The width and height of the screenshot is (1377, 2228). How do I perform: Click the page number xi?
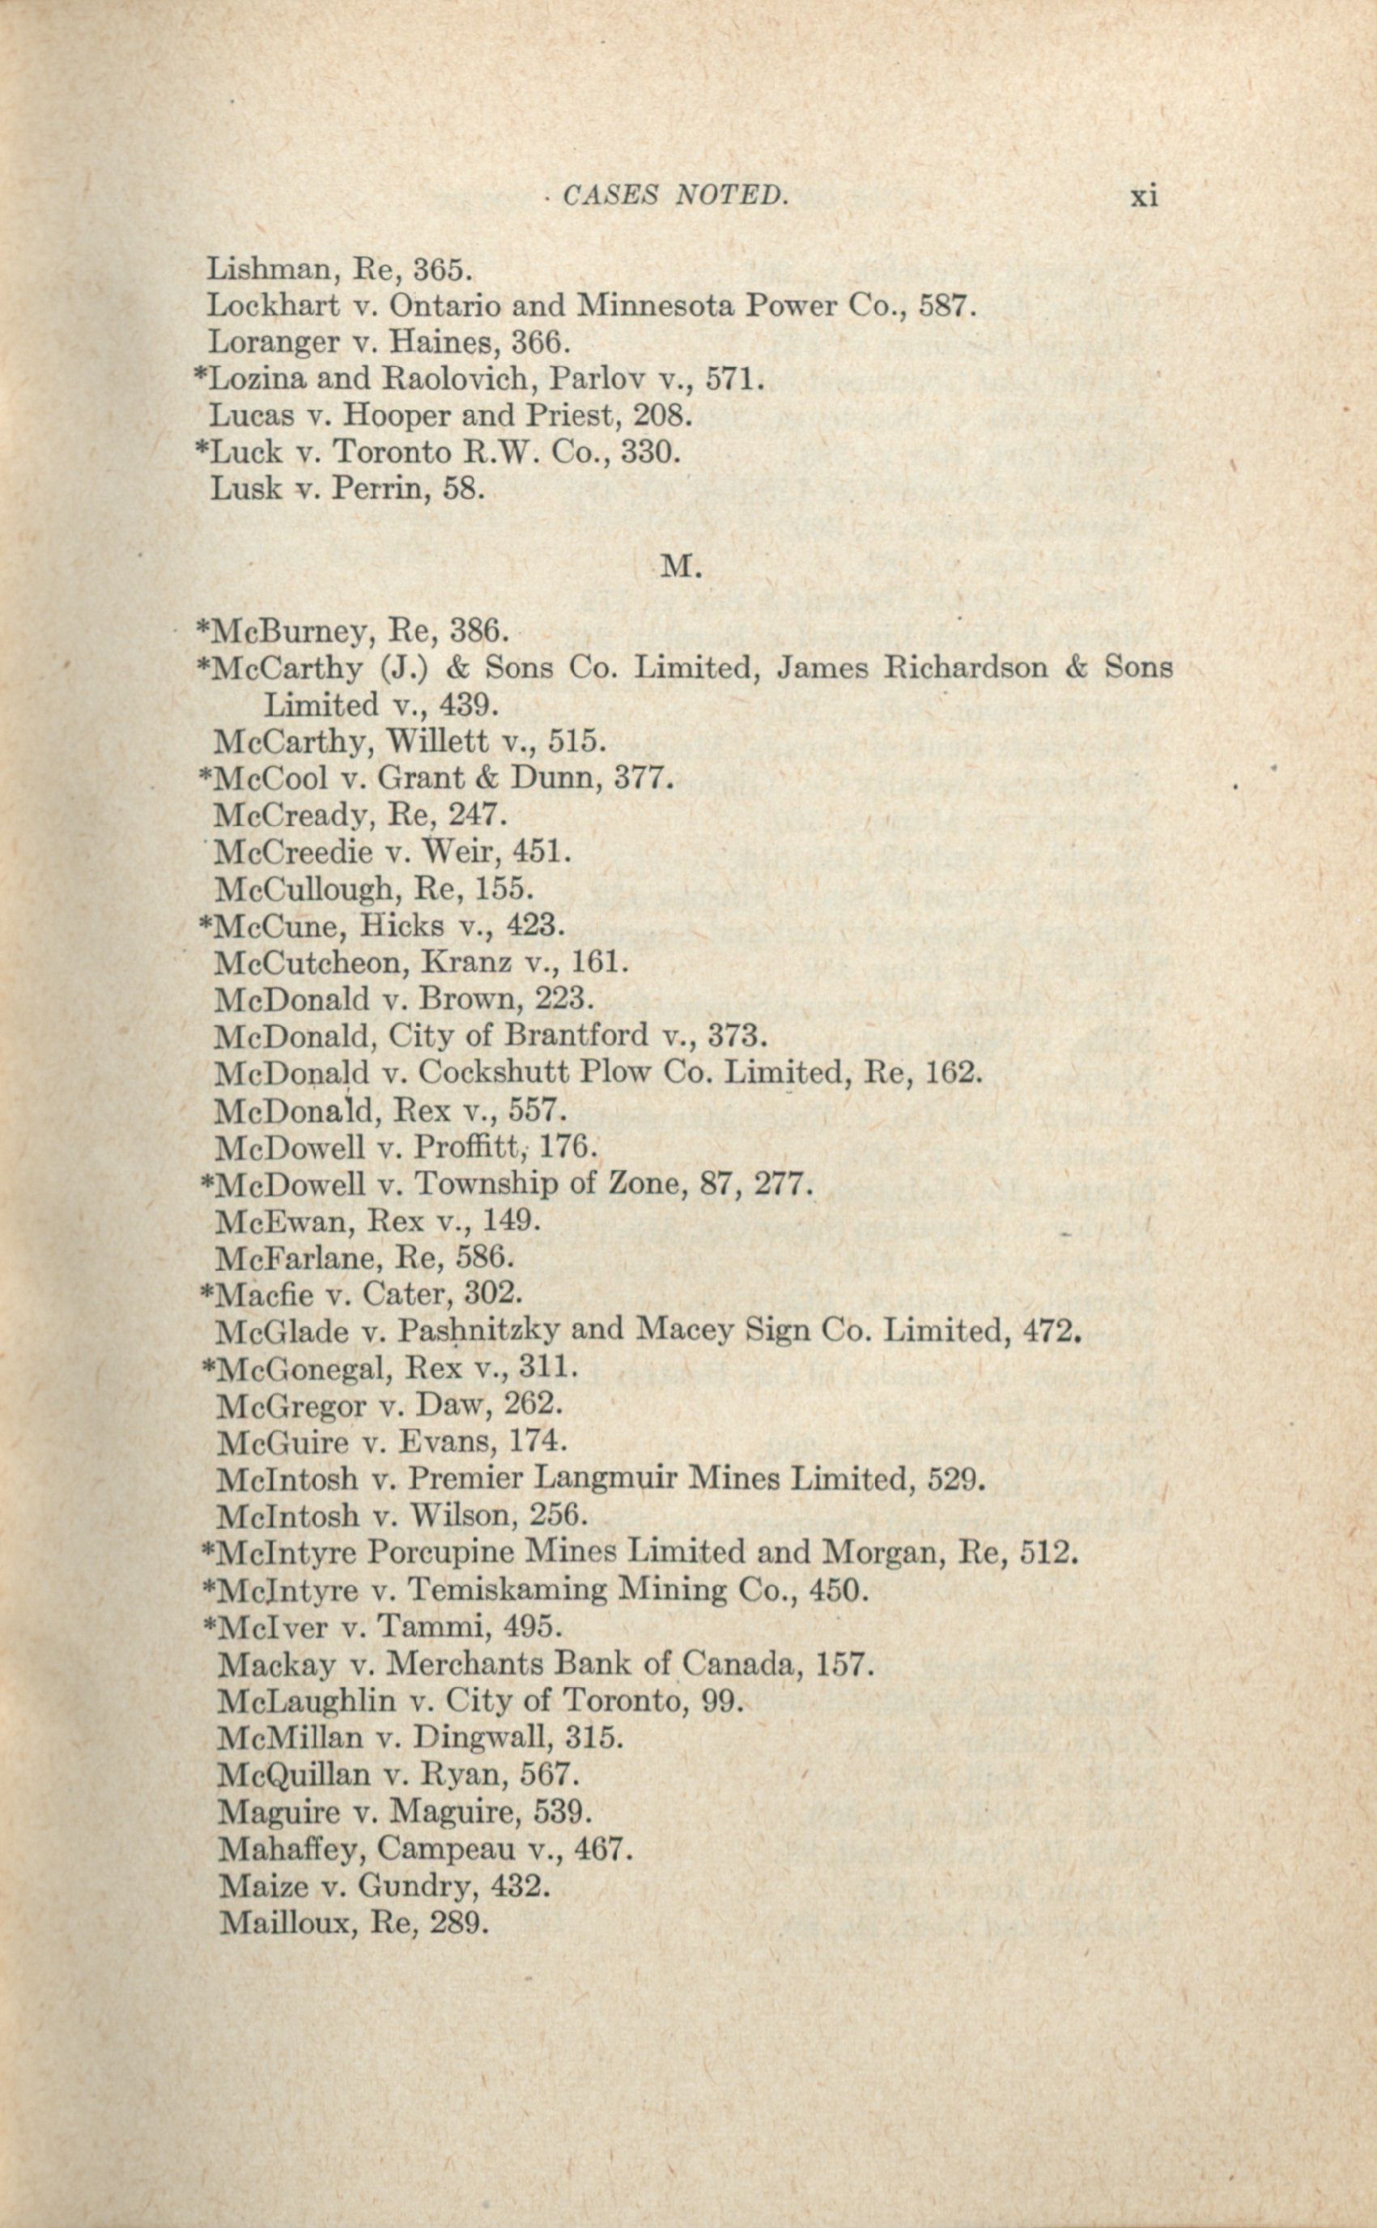(x=1144, y=196)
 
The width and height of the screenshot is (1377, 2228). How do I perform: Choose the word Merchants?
(x=465, y=1664)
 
